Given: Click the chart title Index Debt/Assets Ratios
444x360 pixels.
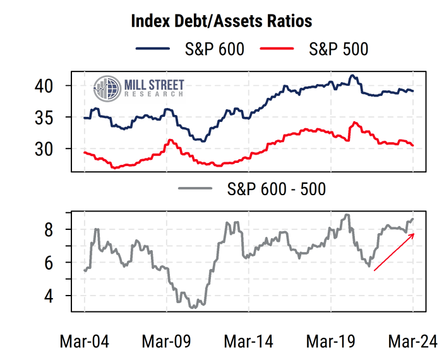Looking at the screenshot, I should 221,21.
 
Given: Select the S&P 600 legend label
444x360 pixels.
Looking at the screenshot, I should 215,49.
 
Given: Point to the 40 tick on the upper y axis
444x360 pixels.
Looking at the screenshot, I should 48,85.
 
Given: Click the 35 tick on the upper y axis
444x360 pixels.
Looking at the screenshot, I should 48,117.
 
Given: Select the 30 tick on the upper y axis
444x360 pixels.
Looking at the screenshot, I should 48,149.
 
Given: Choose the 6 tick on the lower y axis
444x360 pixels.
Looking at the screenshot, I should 54,263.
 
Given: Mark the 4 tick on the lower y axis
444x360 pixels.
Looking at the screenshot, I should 54,296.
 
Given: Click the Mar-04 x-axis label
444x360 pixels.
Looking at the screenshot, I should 84,341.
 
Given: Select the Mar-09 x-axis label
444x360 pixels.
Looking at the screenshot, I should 166,341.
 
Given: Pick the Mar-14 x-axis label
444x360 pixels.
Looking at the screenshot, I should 249,341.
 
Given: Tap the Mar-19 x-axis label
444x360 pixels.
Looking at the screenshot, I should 331,341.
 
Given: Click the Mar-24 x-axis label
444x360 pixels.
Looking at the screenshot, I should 413,341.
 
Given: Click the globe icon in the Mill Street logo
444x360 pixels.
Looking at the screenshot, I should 107,88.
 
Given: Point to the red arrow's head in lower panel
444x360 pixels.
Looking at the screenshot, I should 414,234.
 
